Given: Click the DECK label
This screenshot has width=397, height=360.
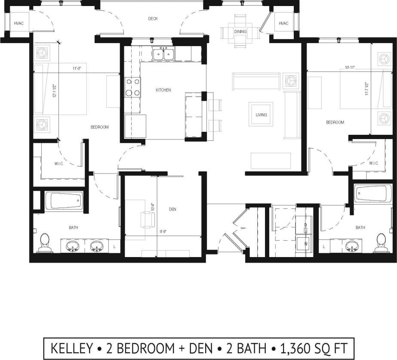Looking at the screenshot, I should pos(153,19).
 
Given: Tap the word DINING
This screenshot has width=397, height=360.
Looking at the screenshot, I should pos(240,32).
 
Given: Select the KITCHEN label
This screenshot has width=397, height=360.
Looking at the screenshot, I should pos(163,90).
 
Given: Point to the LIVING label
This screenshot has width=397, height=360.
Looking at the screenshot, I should pos(261,115).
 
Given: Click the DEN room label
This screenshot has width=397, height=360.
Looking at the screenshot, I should pos(172,209).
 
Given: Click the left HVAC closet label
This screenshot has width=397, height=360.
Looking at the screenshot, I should pos(18,23).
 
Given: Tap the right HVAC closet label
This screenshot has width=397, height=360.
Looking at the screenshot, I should pos(283,23).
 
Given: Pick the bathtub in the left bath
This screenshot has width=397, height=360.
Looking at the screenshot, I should pos(64,201).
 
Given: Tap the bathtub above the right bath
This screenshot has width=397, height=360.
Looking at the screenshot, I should pos(373,193).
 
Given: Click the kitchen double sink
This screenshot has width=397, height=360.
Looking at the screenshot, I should pos(163,54).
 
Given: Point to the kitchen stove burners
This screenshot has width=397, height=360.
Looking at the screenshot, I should pos(132,87).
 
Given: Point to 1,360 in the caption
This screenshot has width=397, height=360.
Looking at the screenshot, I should pos(296,348).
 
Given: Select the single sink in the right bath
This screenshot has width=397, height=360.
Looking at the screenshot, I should pos(352,246).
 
